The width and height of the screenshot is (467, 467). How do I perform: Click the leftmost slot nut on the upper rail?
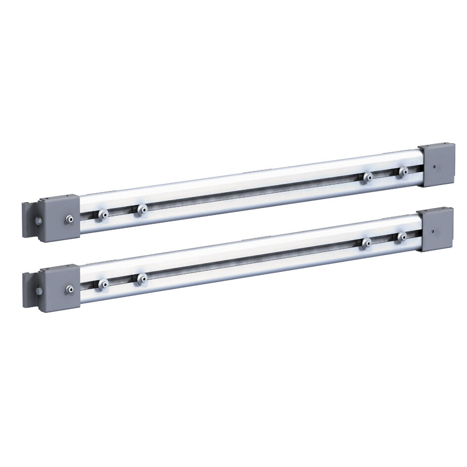pos(102,214)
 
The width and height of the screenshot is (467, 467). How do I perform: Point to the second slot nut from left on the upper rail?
pos(141,210)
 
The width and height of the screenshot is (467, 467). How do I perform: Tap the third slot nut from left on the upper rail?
pos(367,177)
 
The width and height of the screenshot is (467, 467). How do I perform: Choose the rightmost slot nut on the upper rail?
pos(403,172)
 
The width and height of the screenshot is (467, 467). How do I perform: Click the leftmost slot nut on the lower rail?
pos(102,284)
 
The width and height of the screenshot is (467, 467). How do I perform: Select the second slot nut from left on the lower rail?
pos(141,279)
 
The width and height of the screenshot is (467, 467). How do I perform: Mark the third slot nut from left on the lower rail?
pos(366,243)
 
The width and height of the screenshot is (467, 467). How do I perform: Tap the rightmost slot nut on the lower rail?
pos(402,237)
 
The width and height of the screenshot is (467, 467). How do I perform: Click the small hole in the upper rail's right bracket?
pos(434,167)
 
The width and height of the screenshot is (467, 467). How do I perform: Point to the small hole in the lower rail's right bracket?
pos(432,231)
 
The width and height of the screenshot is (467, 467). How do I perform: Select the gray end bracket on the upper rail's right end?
pos(437,165)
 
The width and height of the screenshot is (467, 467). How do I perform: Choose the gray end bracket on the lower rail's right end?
pos(435,229)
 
